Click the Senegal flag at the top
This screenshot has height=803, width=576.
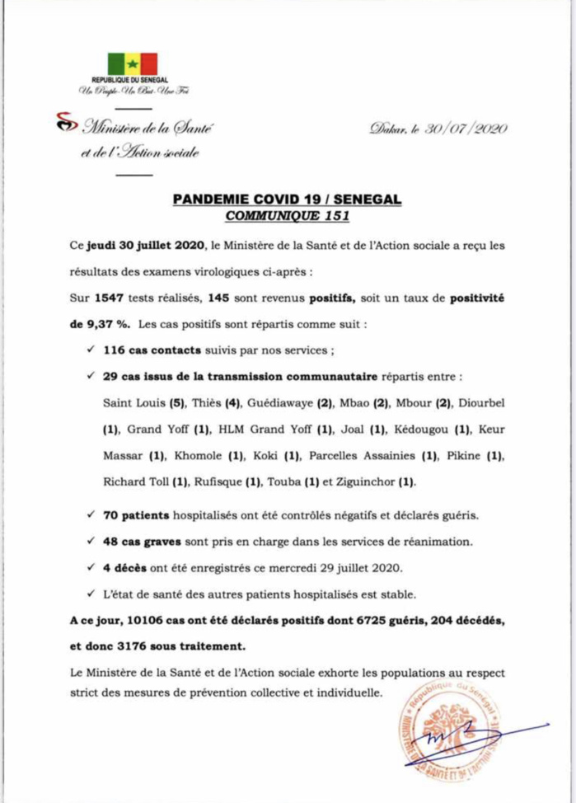(132, 63)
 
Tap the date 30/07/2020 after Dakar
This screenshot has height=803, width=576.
(465, 129)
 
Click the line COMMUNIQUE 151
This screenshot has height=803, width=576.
(288, 217)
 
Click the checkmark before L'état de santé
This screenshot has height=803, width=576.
(89, 594)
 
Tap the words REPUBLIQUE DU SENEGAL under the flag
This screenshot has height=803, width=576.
(132, 79)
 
